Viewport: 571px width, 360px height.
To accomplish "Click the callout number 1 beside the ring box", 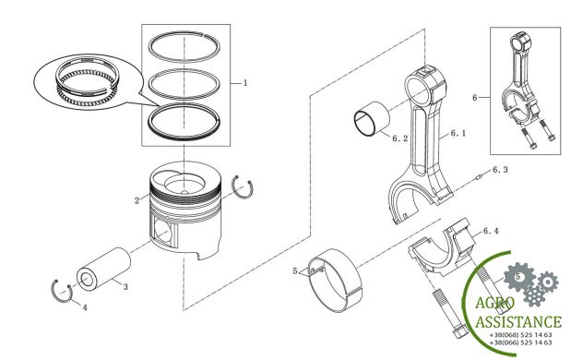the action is (x=245, y=83).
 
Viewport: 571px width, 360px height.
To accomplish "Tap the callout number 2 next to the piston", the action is (x=137, y=200).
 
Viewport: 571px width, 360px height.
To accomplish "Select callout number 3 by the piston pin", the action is (x=125, y=287).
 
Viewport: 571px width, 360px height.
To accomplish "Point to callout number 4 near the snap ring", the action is (x=85, y=308).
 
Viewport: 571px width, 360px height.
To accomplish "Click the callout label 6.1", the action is (x=458, y=133).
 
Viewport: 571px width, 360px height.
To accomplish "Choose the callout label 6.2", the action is (x=400, y=138).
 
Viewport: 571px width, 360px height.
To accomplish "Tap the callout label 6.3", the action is (x=500, y=170).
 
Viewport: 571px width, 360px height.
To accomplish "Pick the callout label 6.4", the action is (x=491, y=231).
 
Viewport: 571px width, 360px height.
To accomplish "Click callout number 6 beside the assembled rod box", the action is (x=474, y=98).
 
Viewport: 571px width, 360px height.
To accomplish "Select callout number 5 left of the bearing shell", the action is (x=295, y=271).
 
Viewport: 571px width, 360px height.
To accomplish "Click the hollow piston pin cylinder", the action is (x=103, y=270).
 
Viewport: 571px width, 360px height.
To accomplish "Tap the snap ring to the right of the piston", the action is (x=243, y=186).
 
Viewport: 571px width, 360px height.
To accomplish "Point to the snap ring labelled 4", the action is (x=61, y=291).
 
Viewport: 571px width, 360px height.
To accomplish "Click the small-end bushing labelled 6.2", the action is (x=372, y=119).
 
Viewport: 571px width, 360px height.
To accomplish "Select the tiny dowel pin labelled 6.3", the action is (x=480, y=177).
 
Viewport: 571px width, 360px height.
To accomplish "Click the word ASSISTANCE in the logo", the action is (x=518, y=322).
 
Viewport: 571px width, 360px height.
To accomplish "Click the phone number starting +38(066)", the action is (x=521, y=342).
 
